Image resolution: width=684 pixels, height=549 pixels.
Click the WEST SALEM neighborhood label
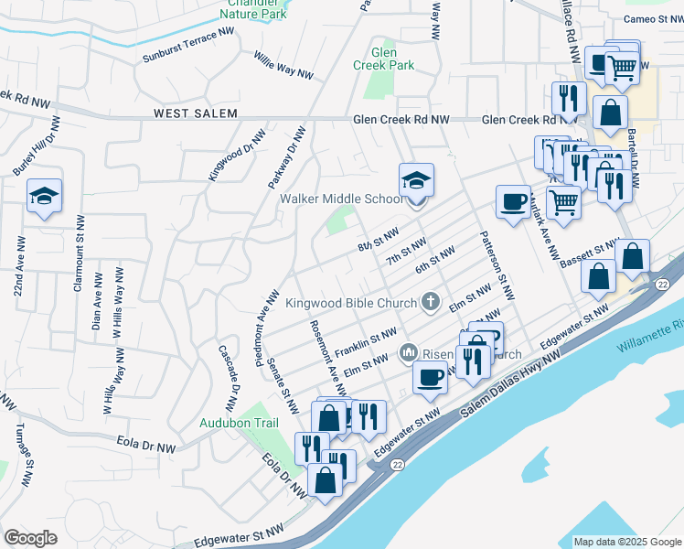click(195, 113)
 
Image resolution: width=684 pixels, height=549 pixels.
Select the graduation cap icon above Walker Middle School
click(416, 179)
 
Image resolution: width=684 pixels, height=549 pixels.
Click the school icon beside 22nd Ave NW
click(44, 197)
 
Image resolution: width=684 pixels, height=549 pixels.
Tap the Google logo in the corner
click(30, 538)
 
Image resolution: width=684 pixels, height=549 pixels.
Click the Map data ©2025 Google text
click(627, 542)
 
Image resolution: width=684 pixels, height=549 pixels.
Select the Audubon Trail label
click(238, 424)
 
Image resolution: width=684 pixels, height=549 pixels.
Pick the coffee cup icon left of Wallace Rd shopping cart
click(513, 201)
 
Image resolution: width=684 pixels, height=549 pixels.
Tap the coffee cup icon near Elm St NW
click(430, 376)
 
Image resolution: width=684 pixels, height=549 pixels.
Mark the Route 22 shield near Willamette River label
click(663, 286)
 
